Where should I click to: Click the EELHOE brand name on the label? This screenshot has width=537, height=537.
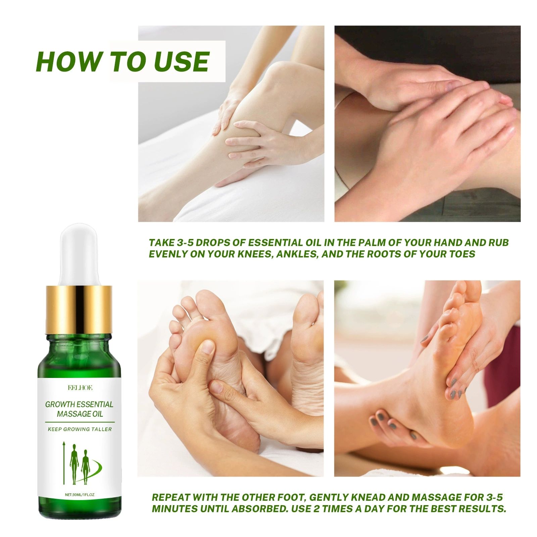tap(80, 388)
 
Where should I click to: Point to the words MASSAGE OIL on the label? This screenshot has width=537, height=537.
tap(80, 414)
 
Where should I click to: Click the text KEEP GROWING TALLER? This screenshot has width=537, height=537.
tap(80, 429)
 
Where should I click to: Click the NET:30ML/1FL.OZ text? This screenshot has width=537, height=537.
tap(80, 495)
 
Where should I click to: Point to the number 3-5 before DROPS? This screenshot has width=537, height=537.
tap(184, 242)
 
